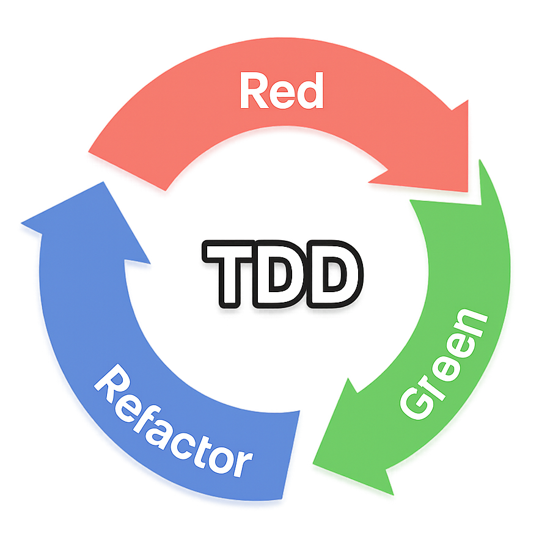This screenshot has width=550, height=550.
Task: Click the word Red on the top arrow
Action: tap(280, 91)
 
